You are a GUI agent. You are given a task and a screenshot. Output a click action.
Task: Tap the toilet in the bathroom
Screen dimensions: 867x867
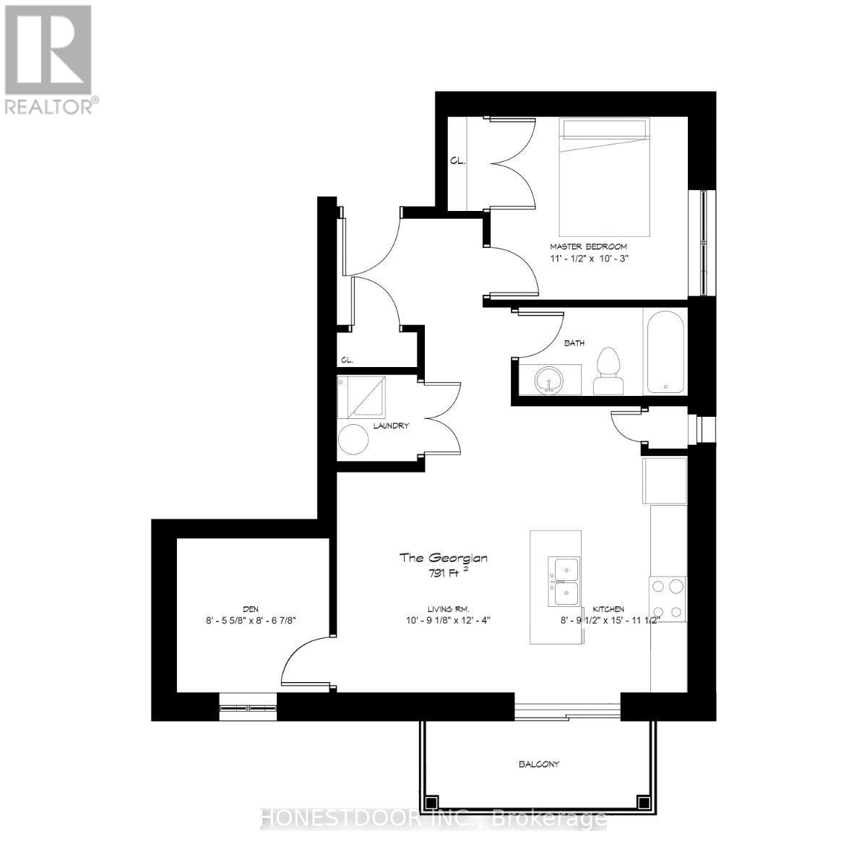608,371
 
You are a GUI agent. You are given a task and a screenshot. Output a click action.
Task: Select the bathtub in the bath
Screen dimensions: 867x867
665,351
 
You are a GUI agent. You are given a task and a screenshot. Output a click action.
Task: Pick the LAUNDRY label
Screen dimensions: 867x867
392,426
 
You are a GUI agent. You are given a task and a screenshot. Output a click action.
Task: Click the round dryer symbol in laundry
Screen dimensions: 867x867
355,439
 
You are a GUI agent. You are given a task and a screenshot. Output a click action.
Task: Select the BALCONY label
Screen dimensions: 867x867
538,764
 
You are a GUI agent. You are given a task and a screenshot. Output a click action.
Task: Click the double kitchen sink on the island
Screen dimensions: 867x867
564,581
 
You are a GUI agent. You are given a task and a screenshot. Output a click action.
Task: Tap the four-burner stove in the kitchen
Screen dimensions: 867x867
668,599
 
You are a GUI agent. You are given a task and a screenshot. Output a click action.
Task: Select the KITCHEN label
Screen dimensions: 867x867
609,609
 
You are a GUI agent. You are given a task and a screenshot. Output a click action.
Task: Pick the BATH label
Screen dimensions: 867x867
574,343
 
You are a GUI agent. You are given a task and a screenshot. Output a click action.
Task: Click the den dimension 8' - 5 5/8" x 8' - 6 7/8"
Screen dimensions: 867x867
251,620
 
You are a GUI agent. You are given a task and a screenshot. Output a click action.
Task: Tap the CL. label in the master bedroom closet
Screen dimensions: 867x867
457,161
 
